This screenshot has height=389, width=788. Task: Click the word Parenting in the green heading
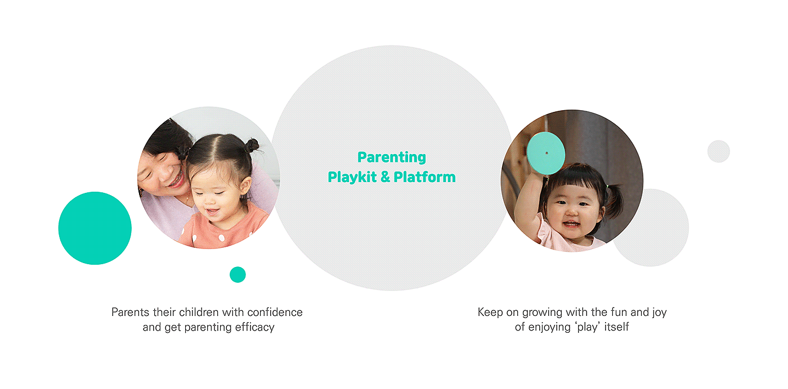pos(392,157)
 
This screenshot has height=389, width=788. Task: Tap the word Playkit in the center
pos(352,177)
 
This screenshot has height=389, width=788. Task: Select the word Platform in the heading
pos(424,177)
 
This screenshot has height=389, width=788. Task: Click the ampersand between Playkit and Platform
pos(385,177)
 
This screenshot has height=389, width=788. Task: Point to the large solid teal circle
pos(95,228)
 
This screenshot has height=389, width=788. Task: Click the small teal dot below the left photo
pos(238,274)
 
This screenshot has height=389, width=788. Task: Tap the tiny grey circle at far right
pos(719,151)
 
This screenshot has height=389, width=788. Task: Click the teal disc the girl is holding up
pos(546,153)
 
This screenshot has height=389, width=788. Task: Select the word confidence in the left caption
pos(275,312)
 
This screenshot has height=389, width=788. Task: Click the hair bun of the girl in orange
pos(251,146)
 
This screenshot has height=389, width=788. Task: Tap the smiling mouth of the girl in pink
pos(571,224)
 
